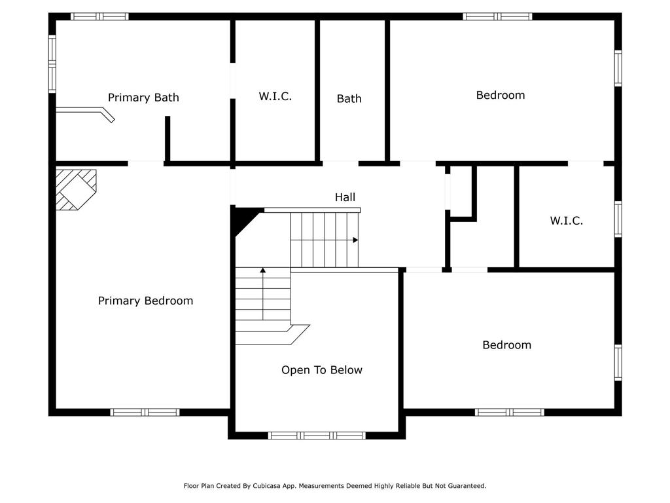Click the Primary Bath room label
[143, 98]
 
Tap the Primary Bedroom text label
[145, 301]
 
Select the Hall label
[345, 197]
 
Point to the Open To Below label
[322, 370]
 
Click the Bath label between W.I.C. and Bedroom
[349, 99]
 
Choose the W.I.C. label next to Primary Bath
[275, 96]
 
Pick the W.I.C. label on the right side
[566, 221]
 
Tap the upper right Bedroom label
[501, 95]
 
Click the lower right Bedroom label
[507, 345]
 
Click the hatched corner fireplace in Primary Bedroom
[76, 189]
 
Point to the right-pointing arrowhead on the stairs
[355, 240]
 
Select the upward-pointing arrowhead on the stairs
[263, 270]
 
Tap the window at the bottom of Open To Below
[317, 436]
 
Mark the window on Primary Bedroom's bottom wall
[145, 413]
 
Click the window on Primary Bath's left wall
[52, 64]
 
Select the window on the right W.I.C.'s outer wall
[618, 219]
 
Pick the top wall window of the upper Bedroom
[497, 16]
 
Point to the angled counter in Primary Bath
[86, 113]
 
